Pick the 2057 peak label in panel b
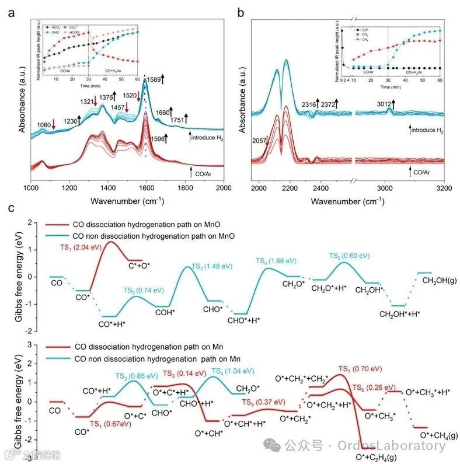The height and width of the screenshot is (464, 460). point(260,141)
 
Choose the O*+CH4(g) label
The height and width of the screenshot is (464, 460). point(435,435)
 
